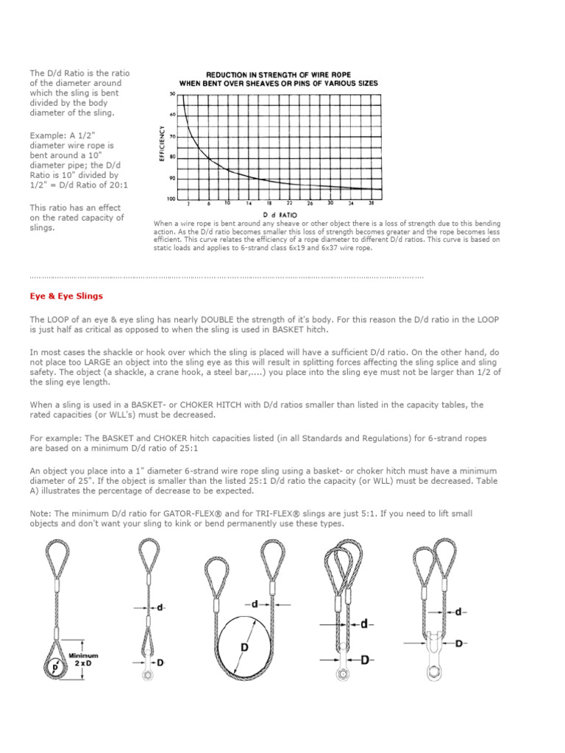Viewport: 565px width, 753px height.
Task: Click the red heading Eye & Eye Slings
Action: pyautogui.click(x=66, y=296)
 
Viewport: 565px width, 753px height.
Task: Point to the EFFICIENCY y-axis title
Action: pyautogui.click(x=161, y=144)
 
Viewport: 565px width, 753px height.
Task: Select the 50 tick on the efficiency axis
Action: pyautogui.click(x=173, y=94)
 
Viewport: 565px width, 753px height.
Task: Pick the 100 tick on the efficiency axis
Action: pyautogui.click(x=172, y=199)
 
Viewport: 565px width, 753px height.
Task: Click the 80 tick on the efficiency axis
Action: pyautogui.click(x=173, y=157)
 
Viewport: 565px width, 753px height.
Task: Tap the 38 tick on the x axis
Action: pyautogui.click(x=372, y=203)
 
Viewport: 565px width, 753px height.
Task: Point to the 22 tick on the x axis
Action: pyautogui.click(x=289, y=203)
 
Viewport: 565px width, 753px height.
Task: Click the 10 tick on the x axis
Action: pyautogui.click(x=227, y=203)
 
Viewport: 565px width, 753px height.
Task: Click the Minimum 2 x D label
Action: pyautogui.click(x=84, y=659)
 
